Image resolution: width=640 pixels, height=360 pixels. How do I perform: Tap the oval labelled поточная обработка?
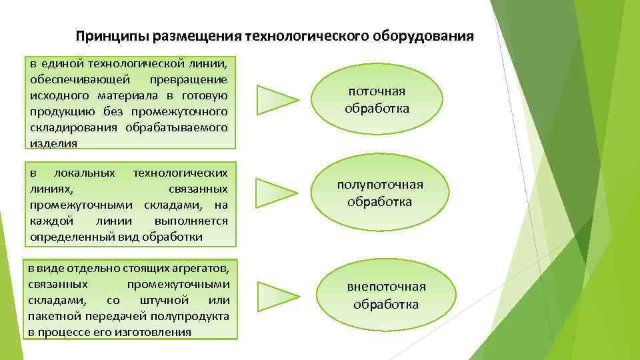tap(377, 100)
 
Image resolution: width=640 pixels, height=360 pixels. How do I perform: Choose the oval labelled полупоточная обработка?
tap(379, 193)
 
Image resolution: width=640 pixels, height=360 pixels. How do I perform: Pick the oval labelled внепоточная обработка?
tap(386, 295)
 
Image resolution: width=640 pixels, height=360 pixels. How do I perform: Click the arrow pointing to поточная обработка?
tap(277, 99)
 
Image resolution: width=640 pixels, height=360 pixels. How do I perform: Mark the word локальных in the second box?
tap(85, 173)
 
